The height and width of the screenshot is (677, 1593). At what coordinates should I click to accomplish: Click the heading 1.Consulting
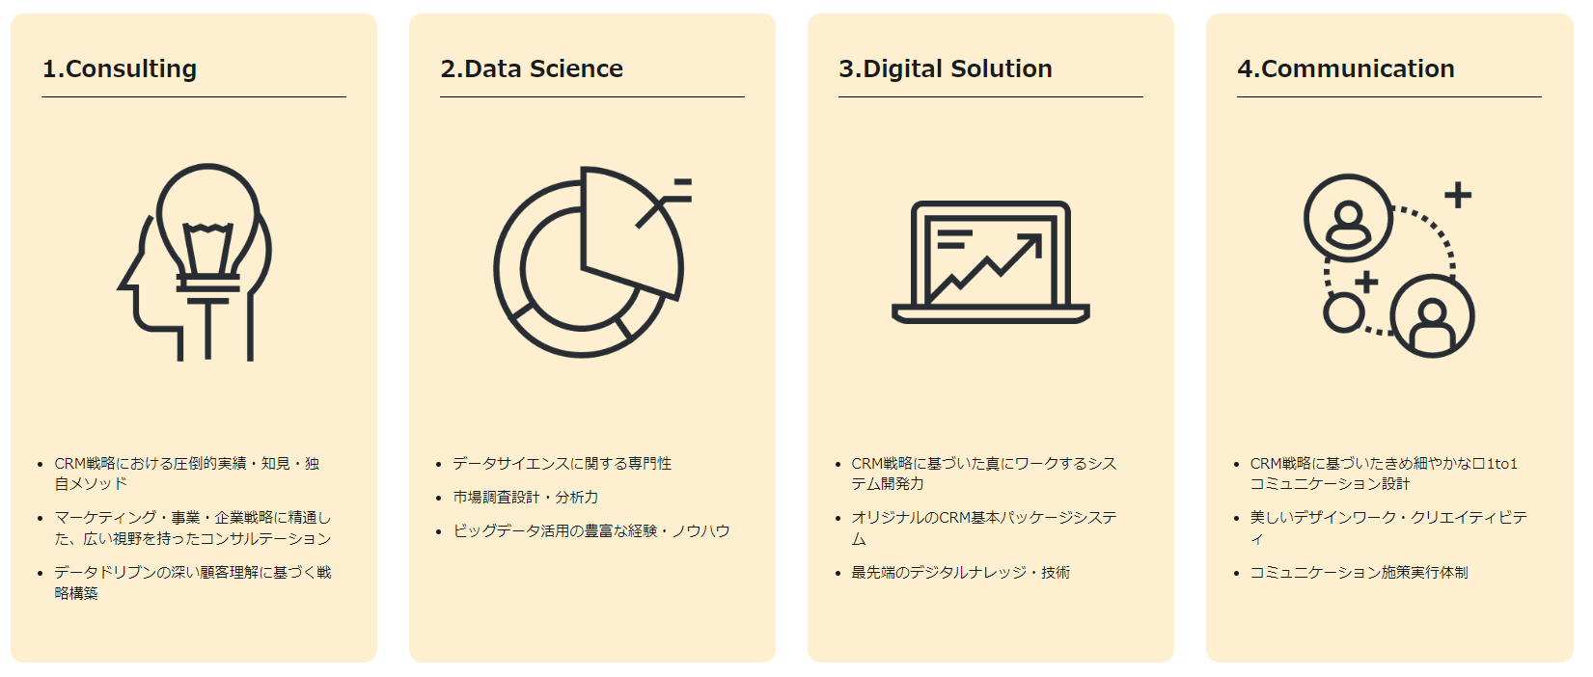click(x=120, y=69)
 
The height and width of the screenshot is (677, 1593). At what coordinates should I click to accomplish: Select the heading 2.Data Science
click(x=532, y=69)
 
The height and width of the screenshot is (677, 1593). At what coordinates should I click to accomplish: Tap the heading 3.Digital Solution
click(x=946, y=69)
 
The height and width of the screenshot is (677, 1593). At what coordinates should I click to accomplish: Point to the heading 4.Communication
click(x=1346, y=69)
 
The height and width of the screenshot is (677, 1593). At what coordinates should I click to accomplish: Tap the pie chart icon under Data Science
click(x=591, y=261)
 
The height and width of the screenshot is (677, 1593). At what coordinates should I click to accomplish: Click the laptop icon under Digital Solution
click(x=991, y=261)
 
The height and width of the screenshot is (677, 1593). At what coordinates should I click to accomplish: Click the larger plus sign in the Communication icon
click(x=1458, y=196)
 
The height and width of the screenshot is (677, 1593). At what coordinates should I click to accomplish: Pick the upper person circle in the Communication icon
click(x=1348, y=218)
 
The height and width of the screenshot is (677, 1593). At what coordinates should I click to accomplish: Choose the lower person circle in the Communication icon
click(x=1432, y=315)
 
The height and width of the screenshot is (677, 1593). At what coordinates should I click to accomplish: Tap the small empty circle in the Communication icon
click(x=1343, y=312)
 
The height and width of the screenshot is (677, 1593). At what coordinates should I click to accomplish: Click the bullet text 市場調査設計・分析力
click(x=526, y=497)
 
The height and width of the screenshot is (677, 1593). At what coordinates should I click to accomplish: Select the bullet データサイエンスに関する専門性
click(x=562, y=464)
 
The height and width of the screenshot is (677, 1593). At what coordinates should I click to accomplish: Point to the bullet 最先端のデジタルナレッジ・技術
click(x=960, y=573)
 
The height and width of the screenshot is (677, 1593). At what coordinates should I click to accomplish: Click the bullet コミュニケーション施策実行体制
click(x=1359, y=573)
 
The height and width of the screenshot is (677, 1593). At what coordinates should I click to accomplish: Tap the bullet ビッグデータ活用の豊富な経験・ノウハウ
click(x=591, y=531)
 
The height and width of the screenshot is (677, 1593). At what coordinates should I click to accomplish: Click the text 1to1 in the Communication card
click(x=1502, y=464)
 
